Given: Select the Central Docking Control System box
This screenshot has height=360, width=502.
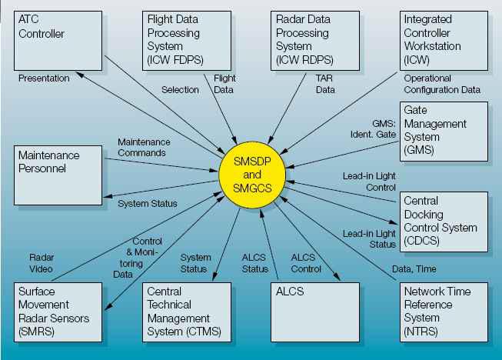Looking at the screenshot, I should click(444, 221).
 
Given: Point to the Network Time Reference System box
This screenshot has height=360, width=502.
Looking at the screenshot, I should click(444, 312).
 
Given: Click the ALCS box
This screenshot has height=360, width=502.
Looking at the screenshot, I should click(316, 312).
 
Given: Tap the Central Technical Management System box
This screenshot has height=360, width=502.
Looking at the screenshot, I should click(187, 312).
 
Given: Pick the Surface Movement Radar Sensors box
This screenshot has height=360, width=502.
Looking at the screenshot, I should click(59, 312).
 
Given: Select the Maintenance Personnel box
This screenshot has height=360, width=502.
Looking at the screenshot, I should click(59, 173).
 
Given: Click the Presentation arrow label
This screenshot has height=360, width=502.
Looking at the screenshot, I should click(44, 78).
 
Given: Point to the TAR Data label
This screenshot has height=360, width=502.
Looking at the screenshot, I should click(325, 84).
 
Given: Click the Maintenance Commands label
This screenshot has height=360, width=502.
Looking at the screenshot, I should click(144, 147).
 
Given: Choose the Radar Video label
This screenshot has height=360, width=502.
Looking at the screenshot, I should click(41, 262).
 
